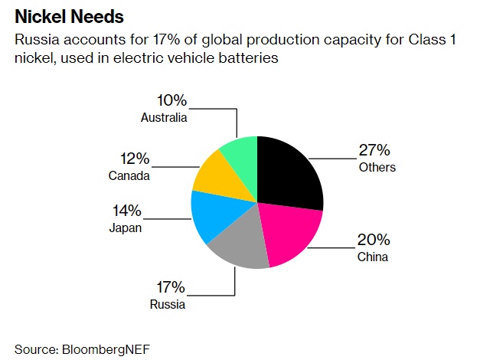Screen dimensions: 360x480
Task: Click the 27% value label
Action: click(x=375, y=150)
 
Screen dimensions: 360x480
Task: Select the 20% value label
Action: click(x=374, y=240)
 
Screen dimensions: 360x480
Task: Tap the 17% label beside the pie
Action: click(x=170, y=287)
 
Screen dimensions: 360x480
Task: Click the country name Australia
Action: click(x=164, y=117)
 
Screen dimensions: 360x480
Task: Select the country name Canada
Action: click(x=129, y=176)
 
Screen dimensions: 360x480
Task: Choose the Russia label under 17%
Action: click(x=167, y=304)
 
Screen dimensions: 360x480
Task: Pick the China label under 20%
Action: click(x=373, y=257)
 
